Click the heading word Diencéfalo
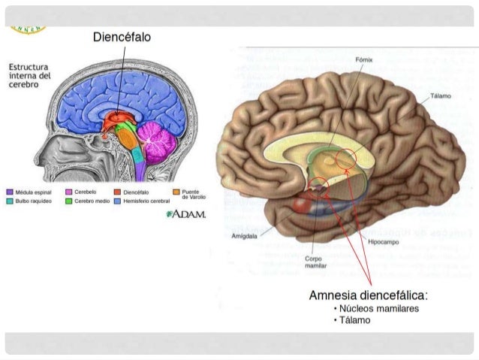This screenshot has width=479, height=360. tap(125, 36)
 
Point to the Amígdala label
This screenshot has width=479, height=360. tap(246, 235)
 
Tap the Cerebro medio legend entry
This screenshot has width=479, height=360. tap(90, 201)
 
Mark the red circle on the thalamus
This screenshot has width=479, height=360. tap(348, 159)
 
